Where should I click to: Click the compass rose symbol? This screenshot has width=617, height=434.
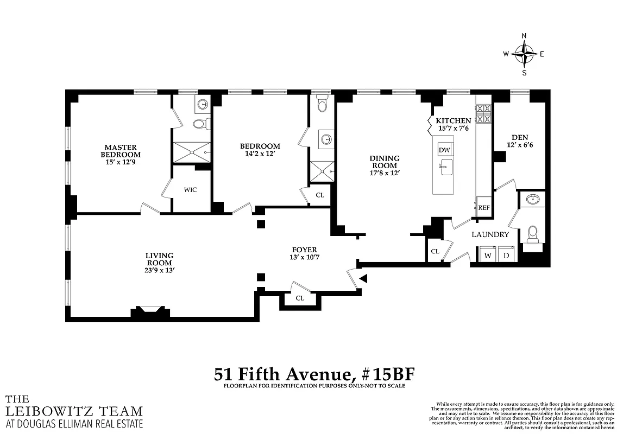coord(524,54)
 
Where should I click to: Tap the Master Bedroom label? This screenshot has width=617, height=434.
coord(121,151)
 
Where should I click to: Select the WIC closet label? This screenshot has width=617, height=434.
coord(190,189)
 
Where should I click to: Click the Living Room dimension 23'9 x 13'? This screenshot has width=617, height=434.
coord(159,270)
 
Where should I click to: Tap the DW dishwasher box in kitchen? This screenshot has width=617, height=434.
coord(444,150)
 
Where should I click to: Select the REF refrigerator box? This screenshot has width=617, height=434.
coord(483,207)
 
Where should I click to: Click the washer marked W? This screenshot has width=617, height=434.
coord(488,254)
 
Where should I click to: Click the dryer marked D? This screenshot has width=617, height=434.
coord(506,254)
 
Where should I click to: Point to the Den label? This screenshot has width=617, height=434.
coord(520,137)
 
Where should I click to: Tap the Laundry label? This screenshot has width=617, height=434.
coord(490,234)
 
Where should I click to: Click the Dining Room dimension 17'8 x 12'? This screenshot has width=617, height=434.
coord(384,173)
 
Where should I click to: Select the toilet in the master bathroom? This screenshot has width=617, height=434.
coord(199,124)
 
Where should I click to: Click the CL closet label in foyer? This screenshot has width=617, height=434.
coord(300,298)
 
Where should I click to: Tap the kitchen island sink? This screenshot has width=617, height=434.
coord(446,166)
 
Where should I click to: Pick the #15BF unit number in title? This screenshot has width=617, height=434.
coord(386,374)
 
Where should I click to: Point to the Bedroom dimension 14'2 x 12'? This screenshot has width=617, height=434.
coord(260,154)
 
